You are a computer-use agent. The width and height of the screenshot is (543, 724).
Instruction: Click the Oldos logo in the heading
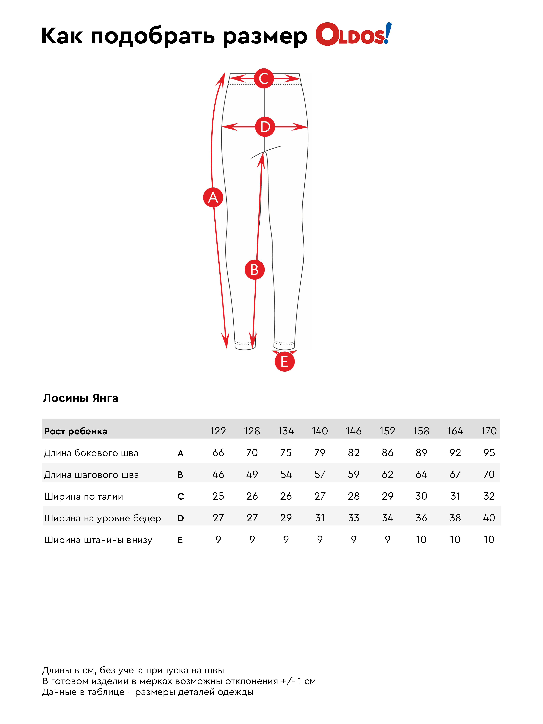[353, 34]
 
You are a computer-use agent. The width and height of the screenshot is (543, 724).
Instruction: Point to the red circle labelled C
[264, 78]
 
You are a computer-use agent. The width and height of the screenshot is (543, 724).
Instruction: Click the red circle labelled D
[265, 127]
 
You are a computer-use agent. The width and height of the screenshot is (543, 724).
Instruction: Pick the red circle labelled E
[284, 362]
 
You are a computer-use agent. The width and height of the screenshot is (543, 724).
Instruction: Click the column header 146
[353, 431]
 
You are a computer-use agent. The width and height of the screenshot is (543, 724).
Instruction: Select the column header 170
[489, 431]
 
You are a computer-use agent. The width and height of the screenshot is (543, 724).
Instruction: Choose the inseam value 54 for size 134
[286, 474]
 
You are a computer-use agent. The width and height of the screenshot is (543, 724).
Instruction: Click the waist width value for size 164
[455, 496]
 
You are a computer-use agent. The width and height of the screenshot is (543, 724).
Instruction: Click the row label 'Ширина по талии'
[83, 497]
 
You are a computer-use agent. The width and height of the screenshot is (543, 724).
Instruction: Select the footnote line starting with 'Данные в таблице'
[148, 692]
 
